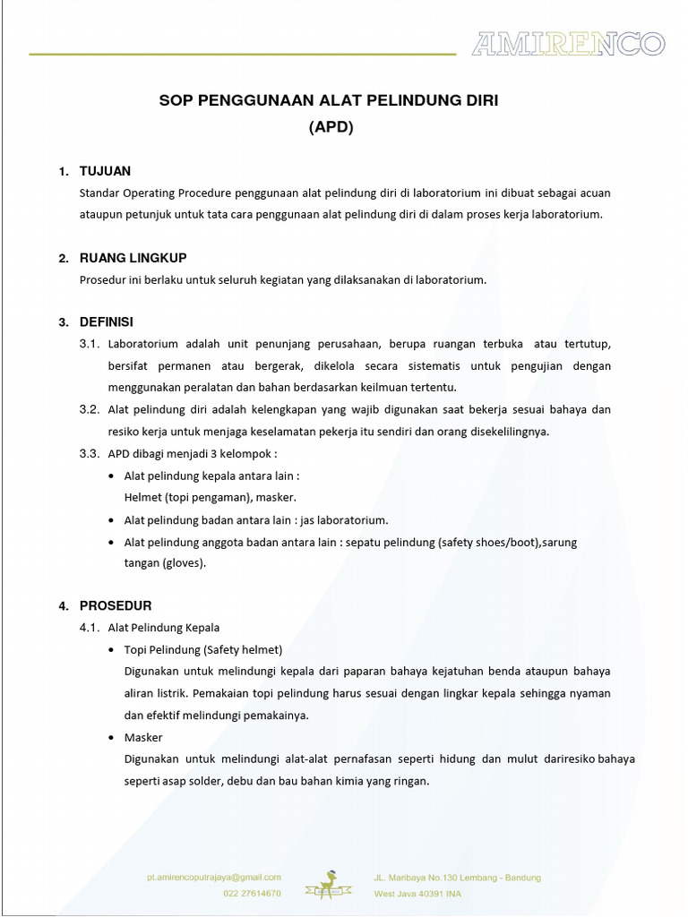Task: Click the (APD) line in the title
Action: pyautogui.click(x=331, y=127)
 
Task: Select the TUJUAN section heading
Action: pyautogui.click(x=105, y=171)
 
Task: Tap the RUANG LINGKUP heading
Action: pyautogui.click(x=133, y=258)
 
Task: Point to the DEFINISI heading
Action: pyautogui.click(x=106, y=321)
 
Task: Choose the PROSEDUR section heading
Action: pyautogui.click(x=116, y=605)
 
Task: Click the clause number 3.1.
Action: pyautogui.click(x=89, y=344)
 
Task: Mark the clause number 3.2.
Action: pyautogui.click(x=89, y=409)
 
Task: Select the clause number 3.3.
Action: pyautogui.click(x=89, y=453)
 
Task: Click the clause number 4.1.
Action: pyautogui.click(x=89, y=628)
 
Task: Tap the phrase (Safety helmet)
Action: pyautogui.click(x=243, y=649)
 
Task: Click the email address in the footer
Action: pyautogui.click(x=214, y=878)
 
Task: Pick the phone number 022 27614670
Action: pyautogui.click(x=252, y=893)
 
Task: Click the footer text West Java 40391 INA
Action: pyautogui.click(x=418, y=893)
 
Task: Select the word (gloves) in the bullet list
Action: pyautogui.click(x=184, y=563)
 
